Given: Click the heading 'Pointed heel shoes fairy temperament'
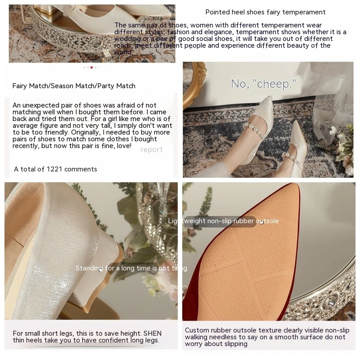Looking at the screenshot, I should pyautogui.click(x=265, y=12).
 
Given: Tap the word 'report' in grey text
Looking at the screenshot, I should pyautogui.click(x=151, y=150).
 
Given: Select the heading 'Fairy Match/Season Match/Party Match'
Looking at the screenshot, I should pyautogui.click(x=74, y=86).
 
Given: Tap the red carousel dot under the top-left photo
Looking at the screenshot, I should pyautogui.click(x=92, y=67).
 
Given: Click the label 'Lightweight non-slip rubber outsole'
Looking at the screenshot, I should pyautogui.click(x=223, y=221).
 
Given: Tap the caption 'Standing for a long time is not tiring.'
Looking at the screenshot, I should pyautogui.click(x=131, y=268).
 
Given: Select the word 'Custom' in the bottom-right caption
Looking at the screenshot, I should pyautogui.click(x=196, y=330).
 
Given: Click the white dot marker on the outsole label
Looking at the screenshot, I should pyautogui.click(x=261, y=223).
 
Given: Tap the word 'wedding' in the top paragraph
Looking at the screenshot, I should pyautogui.click(x=127, y=39).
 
